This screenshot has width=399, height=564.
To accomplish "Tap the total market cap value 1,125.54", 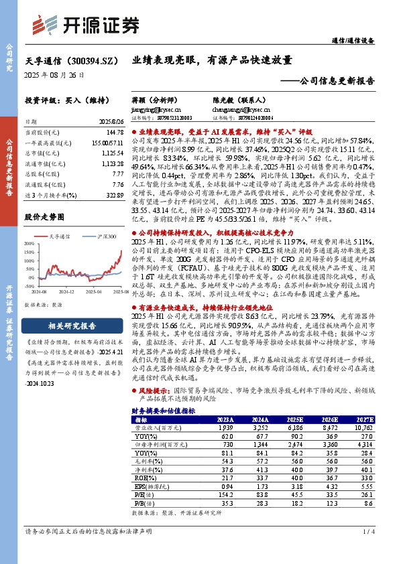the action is point(109,153).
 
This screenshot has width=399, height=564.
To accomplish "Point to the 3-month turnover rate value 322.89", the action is point(110,194).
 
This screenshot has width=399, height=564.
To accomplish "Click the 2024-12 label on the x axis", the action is point(66,310).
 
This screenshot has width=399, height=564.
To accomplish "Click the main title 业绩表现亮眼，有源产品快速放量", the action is point(212,59).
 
